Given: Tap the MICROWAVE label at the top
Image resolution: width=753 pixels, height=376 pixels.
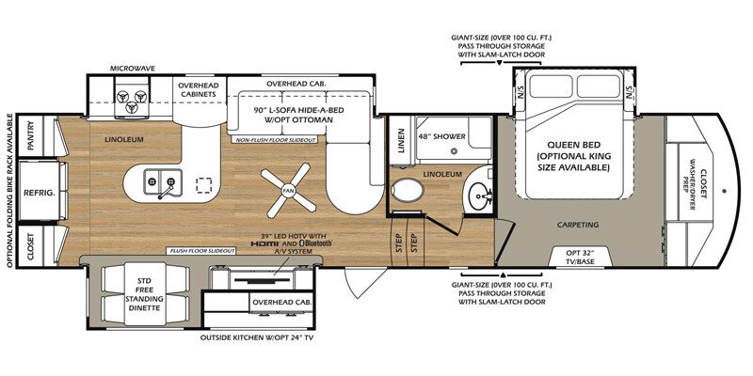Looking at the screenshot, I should (132, 69).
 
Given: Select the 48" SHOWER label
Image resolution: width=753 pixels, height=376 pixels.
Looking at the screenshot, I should (442, 137).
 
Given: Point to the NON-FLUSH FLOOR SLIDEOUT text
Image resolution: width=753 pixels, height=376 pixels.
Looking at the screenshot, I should (276, 139).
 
